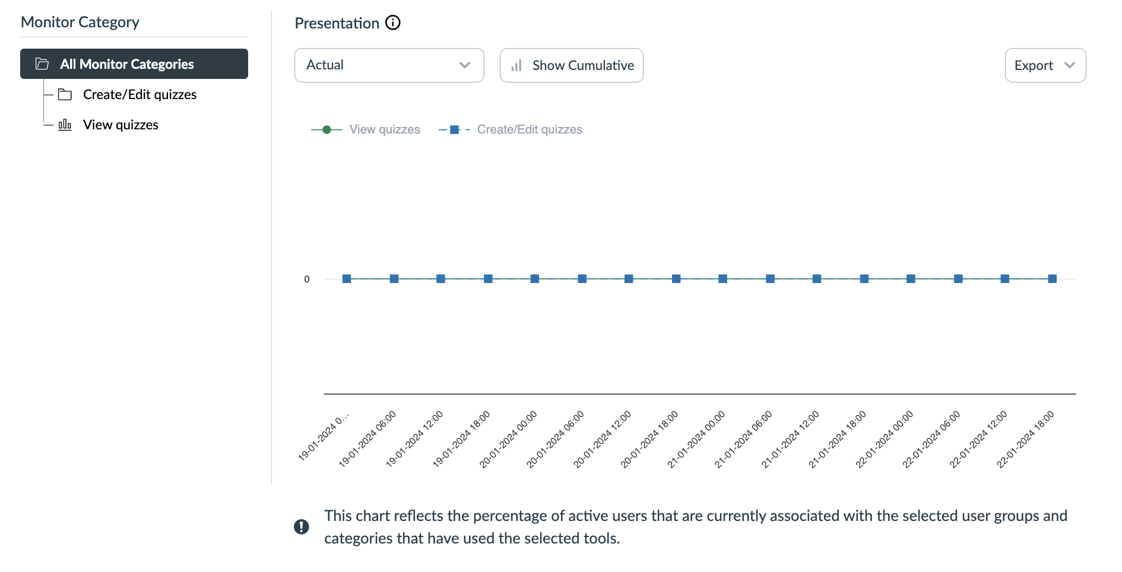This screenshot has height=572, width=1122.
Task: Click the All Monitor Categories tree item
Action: click(134, 64)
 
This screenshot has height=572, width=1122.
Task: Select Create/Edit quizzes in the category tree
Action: click(140, 95)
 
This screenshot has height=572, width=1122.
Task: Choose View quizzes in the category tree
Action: click(121, 125)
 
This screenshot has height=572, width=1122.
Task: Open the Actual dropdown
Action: click(389, 65)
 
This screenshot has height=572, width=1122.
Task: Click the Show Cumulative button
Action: click(571, 65)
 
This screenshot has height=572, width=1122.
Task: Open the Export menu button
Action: click(1045, 65)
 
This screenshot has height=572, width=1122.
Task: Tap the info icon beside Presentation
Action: click(393, 23)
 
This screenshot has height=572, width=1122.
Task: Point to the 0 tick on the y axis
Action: click(307, 279)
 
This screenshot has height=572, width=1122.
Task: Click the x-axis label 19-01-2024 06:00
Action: click(368, 438)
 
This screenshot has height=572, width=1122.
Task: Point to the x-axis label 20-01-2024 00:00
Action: click(509, 438)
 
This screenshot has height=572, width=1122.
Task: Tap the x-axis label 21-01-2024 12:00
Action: click(791, 438)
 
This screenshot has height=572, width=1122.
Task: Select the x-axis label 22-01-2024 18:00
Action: click(1026, 438)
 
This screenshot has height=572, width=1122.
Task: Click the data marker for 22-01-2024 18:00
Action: click(1052, 279)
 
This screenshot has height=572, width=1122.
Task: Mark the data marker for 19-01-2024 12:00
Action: click(440, 279)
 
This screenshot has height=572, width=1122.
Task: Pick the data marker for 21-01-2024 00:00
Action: click(722, 279)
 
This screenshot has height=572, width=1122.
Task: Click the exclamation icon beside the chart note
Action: click(302, 527)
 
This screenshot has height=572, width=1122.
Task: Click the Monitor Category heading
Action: click(80, 23)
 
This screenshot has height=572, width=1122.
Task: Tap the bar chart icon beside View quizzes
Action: click(65, 125)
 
